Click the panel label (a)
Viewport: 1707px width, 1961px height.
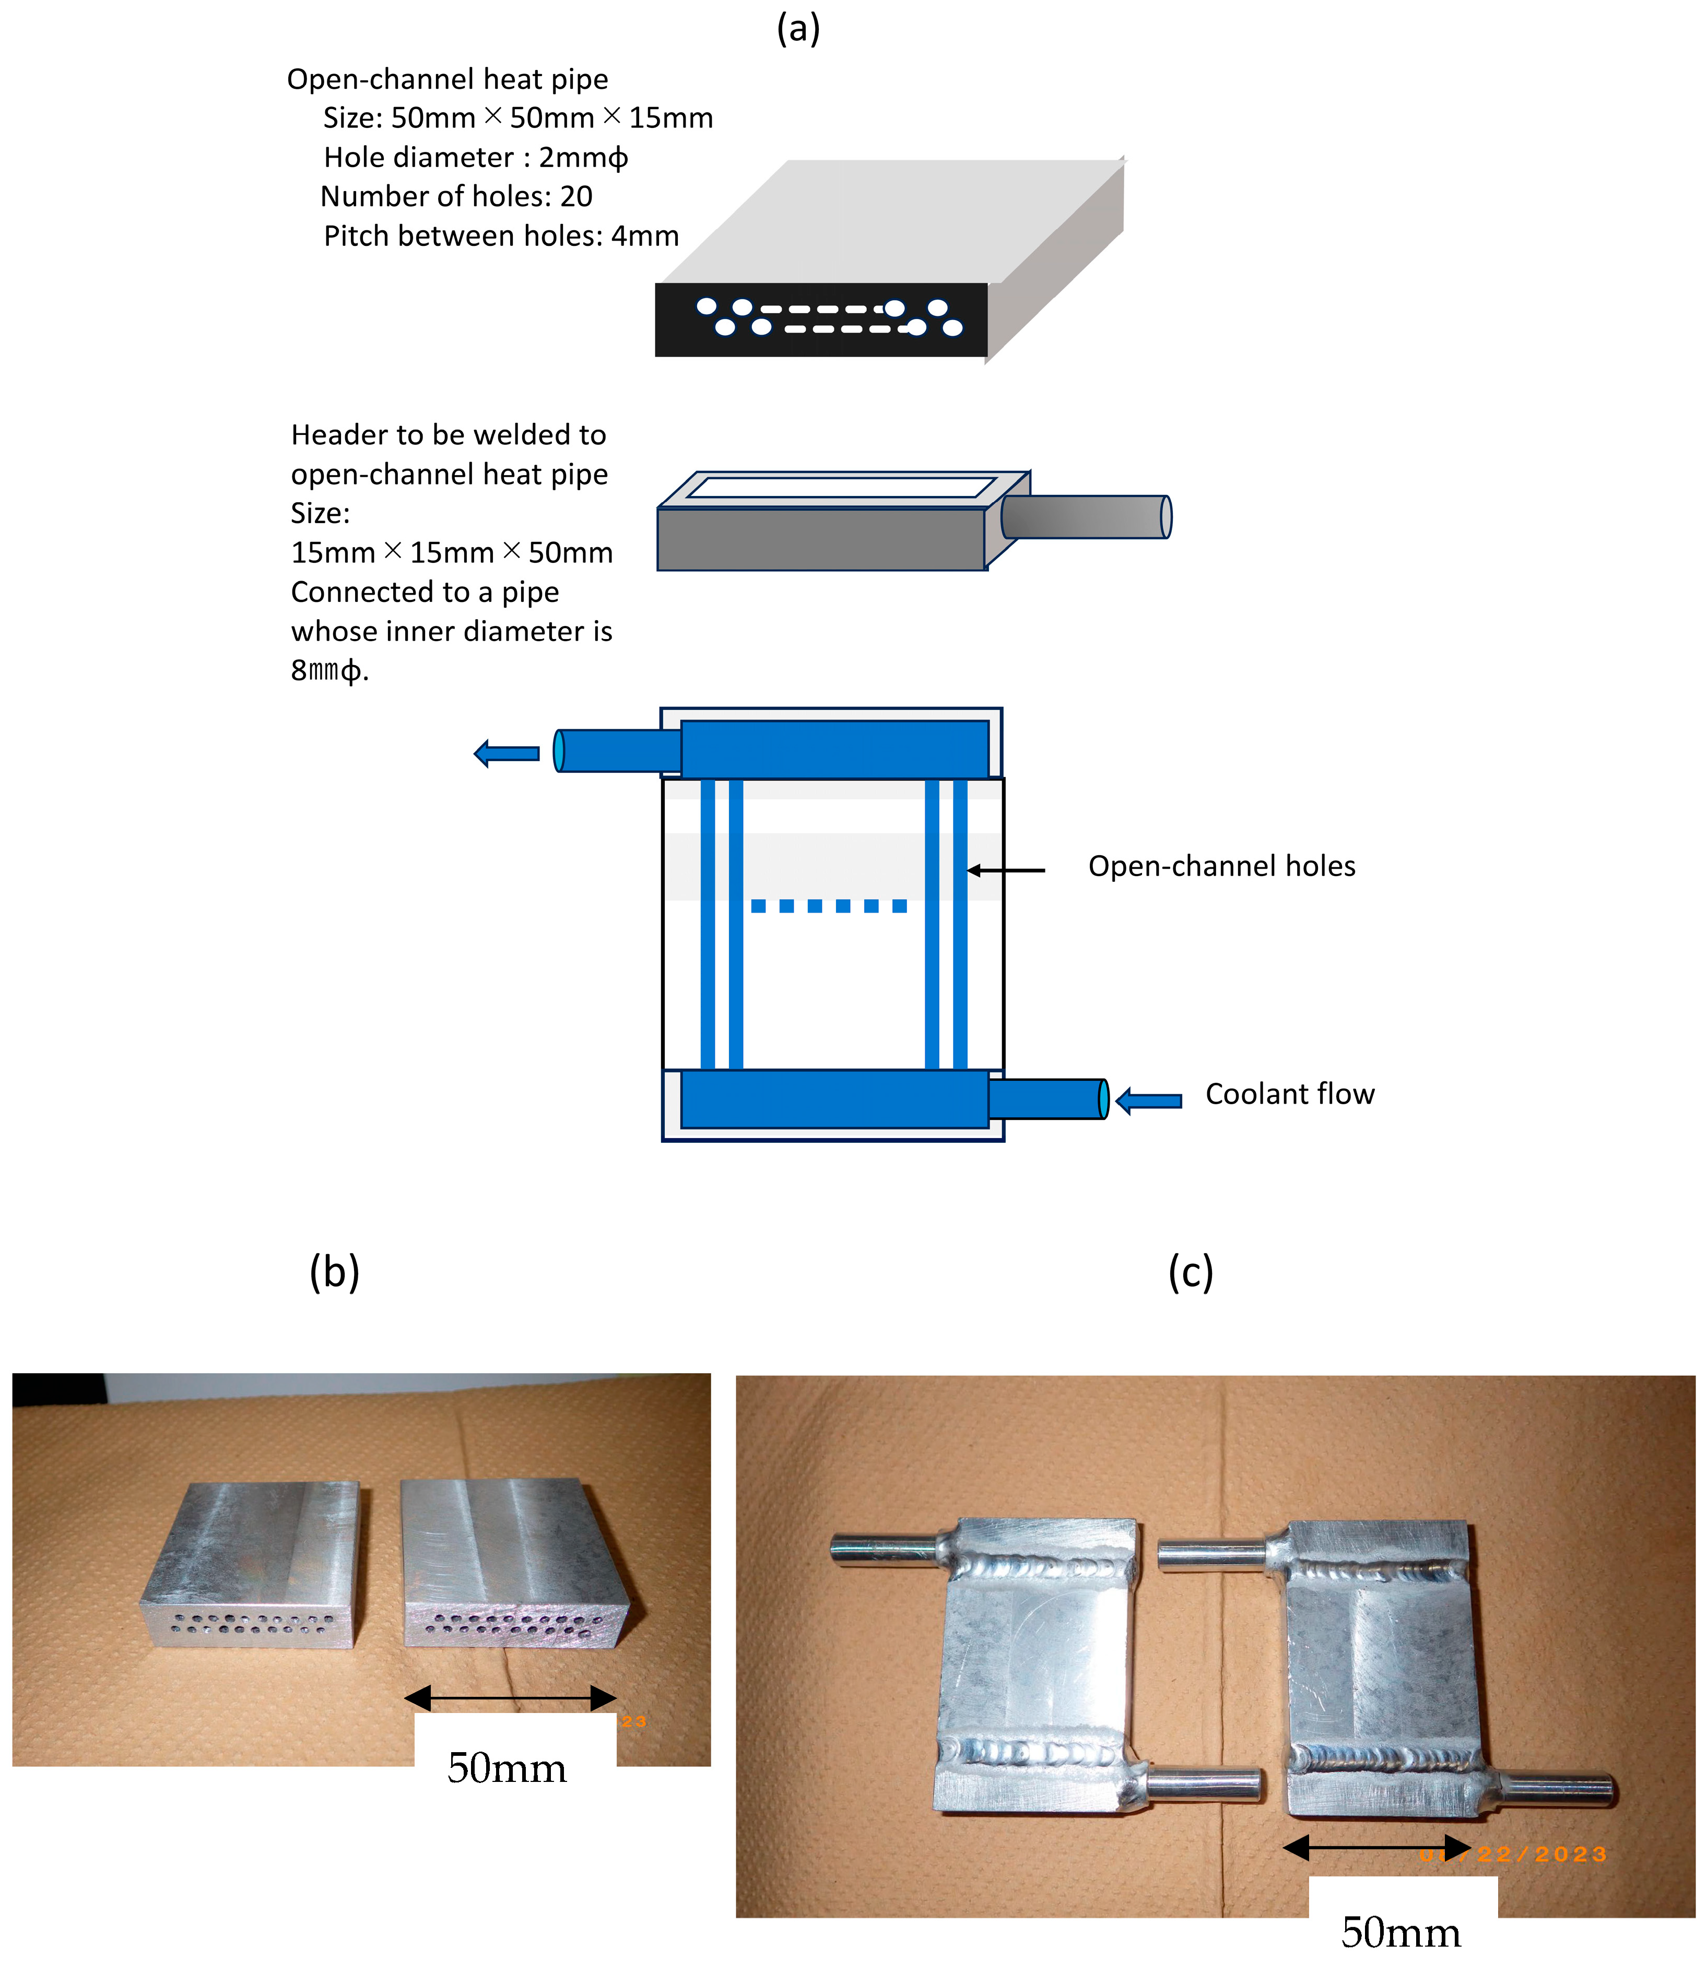tap(797, 29)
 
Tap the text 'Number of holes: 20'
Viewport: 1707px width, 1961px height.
tap(456, 196)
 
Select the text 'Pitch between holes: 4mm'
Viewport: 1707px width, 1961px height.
tap(501, 236)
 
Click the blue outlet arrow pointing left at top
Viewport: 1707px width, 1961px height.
tap(507, 753)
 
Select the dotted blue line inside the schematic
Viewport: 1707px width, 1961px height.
tap(829, 906)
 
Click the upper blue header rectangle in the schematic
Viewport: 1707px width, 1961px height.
tap(834, 749)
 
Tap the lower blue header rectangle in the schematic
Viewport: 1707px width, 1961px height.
tap(834, 1099)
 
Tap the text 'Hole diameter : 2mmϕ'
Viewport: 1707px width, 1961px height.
tap(475, 157)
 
